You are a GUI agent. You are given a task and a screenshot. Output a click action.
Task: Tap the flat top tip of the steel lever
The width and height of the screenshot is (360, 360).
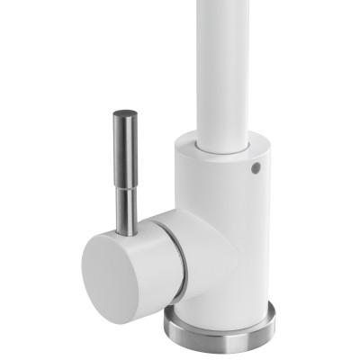coord(124,114)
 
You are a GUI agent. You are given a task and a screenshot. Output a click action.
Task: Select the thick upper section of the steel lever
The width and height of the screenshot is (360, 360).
coord(124,144)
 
